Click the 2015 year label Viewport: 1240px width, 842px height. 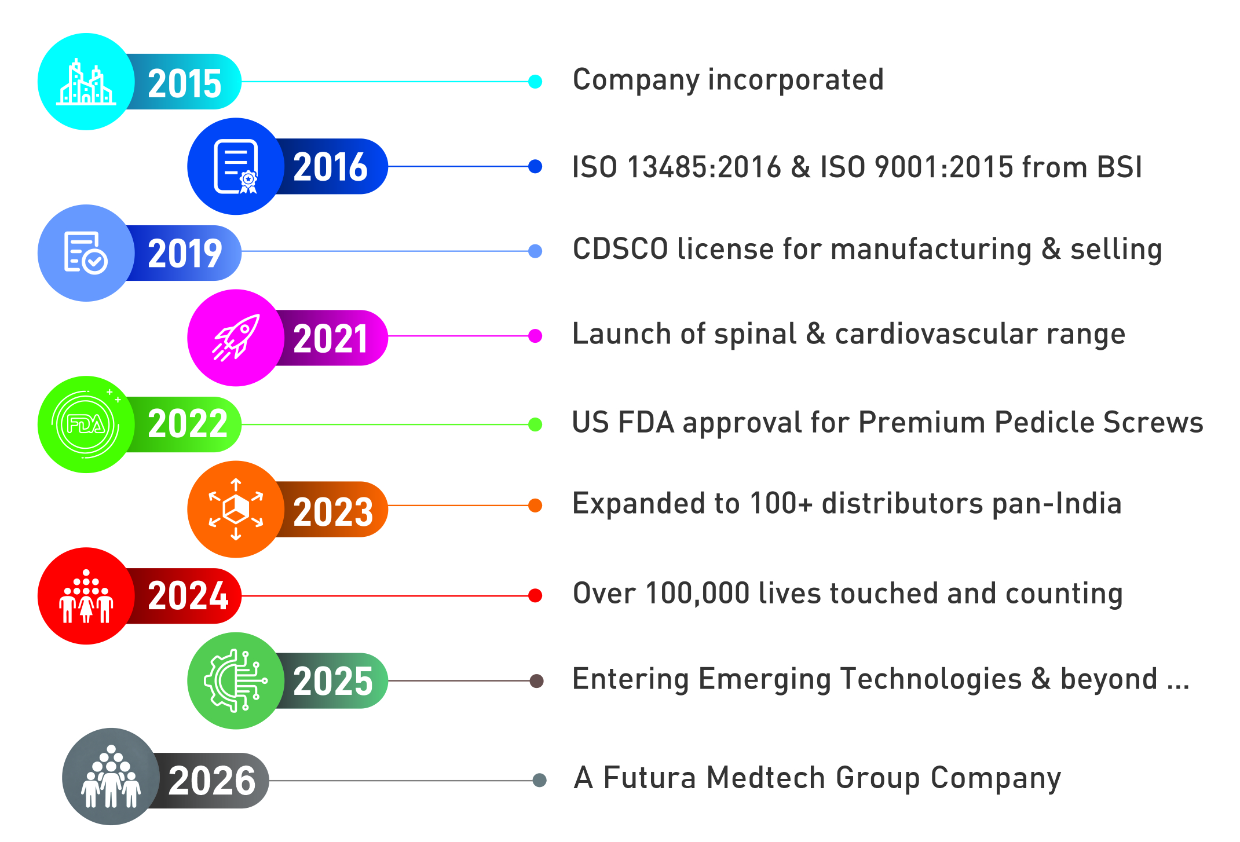(185, 83)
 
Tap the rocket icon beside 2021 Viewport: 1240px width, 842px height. (236, 338)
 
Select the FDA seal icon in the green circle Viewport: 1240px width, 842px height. (86, 424)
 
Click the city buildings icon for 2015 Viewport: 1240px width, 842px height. (86, 82)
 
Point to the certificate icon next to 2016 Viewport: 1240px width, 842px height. (236, 167)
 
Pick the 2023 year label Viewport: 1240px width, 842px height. (333, 512)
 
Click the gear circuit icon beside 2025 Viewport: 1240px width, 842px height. (236, 680)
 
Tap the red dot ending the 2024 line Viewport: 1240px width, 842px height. (535, 595)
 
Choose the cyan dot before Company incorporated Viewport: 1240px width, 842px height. (535, 82)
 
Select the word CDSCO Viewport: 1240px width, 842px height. (620, 250)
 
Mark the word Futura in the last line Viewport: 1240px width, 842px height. (649, 778)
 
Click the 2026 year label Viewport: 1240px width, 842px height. (212, 781)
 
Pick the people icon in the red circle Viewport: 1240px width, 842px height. (86, 596)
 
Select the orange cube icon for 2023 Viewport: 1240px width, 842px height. (236, 510)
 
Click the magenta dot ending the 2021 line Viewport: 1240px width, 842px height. (535, 336)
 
